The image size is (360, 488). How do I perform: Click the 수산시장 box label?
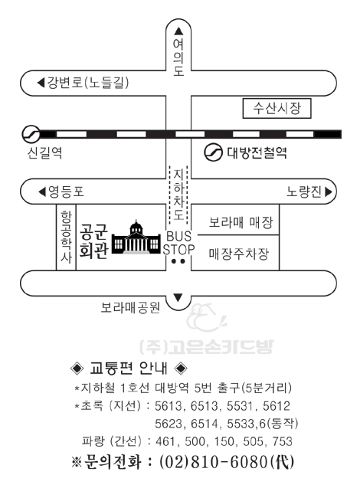[277, 108]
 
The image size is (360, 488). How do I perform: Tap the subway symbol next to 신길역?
[31, 134]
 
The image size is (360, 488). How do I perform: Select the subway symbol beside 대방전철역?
[213, 152]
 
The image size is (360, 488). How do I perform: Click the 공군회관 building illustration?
[136, 237]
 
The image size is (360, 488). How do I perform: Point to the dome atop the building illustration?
[136, 227]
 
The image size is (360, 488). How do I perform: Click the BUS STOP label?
[179, 243]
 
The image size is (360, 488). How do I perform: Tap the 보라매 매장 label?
[241, 222]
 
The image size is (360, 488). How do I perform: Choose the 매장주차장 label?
[239, 254]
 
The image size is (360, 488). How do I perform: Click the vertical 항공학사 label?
[66, 237]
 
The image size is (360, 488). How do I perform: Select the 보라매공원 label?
[130, 307]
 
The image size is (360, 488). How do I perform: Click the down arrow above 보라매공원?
[178, 298]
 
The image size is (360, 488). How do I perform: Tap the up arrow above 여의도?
[178, 31]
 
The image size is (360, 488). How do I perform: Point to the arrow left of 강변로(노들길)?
[41, 83]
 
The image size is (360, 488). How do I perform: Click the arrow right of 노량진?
[329, 192]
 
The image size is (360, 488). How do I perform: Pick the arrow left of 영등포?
[42, 192]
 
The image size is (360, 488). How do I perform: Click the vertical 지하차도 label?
[178, 195]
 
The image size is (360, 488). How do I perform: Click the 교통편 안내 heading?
[129, 368]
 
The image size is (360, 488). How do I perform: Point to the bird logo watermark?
[207, 318]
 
